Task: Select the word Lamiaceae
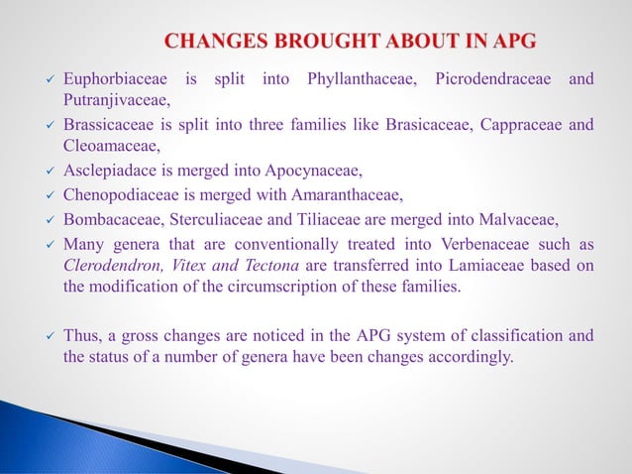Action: pyautogui.click(x=470, y=264)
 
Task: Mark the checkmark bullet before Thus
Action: pyautogui.click(x=48, y=336)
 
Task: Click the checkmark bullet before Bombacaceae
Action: pyautogui.click(x=48, y=217)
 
